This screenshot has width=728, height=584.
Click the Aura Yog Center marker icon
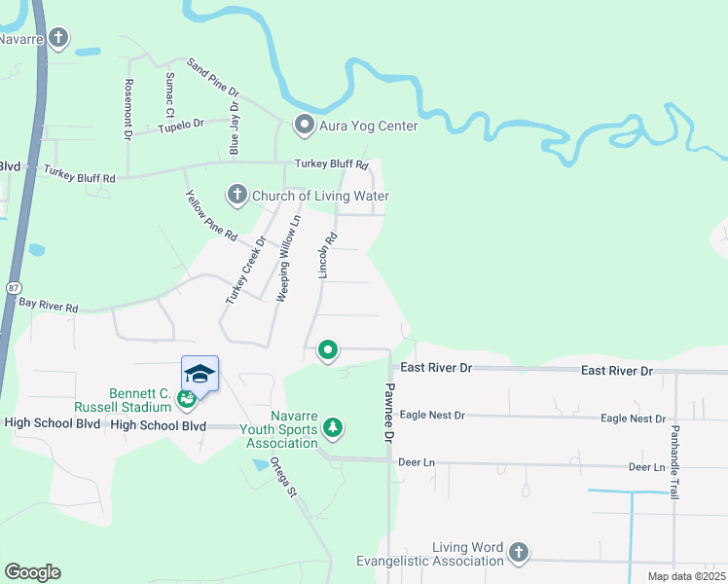tap(304, 126)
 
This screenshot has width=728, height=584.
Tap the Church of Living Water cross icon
tap(237, 196)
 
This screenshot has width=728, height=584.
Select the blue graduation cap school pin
tap(200, 374)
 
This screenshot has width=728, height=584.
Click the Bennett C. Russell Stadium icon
tap(186, 397)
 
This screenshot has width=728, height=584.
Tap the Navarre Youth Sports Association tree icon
tap(333, 427)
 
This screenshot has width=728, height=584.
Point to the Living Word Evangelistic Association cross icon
tap(519, 553)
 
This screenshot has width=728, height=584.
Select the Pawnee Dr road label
tap(386, 413)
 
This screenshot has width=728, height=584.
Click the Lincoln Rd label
tap(329, 254)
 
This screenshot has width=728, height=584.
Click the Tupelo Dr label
tap(181, 125)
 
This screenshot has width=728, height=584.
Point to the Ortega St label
tap(283, 477)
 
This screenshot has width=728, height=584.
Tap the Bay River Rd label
tap(48, 306)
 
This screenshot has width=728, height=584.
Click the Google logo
tap(32, 572)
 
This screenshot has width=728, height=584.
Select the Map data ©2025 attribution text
tap(687, 576)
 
